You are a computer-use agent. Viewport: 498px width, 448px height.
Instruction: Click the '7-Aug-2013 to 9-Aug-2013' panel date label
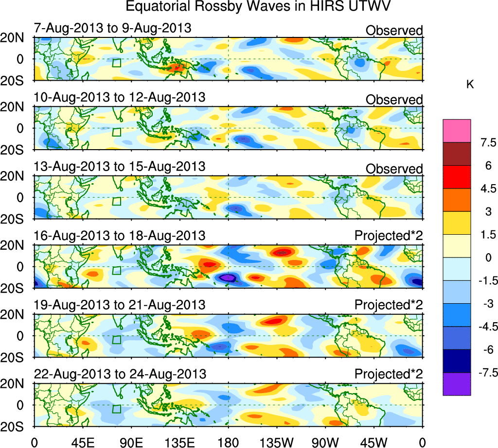[112, 28]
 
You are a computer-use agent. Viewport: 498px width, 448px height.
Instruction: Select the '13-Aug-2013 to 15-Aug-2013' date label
[119, 166]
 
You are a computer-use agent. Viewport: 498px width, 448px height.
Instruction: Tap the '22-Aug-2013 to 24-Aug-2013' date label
[120, 374]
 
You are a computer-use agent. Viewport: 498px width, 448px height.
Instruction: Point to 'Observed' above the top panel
[394, 31]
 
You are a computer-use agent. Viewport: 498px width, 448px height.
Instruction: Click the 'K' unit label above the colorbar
[470, 85]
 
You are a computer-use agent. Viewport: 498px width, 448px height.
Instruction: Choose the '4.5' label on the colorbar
[486, 189]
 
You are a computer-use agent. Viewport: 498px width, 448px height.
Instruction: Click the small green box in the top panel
[116, 63]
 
